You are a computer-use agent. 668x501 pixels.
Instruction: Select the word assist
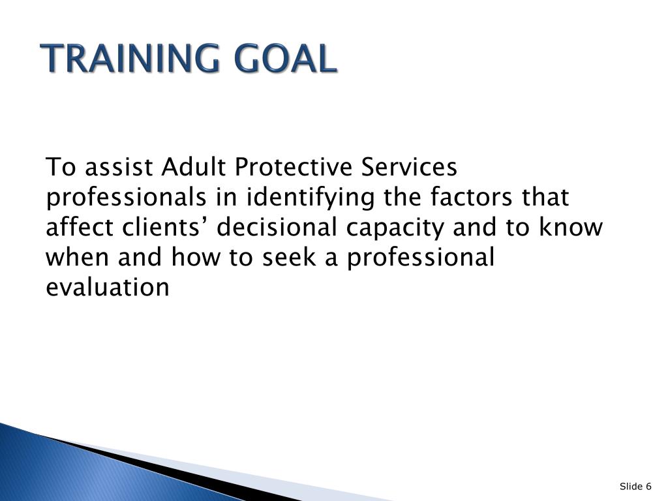tap(119, 166)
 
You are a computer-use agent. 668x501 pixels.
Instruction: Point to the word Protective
tap(293, 166)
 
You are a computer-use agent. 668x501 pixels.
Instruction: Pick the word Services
tap(409, 166)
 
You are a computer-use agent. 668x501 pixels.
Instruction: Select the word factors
tap(471, 197)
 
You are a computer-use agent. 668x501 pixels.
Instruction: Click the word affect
tap(80, 227)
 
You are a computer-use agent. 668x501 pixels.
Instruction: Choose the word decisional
tap(277, 227)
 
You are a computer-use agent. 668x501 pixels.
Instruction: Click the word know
tap(571, 227)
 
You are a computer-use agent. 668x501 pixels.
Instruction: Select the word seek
tap(289, 257)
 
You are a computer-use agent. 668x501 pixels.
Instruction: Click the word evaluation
tap(108, 287)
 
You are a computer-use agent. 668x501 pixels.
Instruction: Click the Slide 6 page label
tap(635, 486)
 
